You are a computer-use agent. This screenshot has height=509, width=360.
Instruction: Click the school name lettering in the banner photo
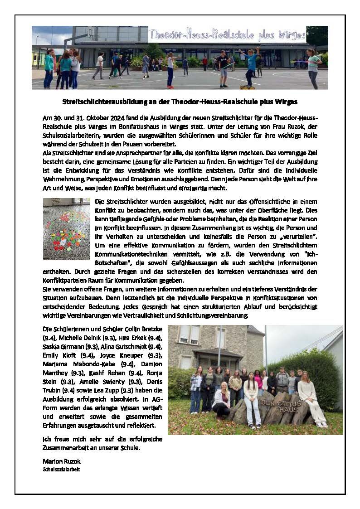[x=227, y=34]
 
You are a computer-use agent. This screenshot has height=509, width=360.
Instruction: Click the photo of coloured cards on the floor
[x=66, y=229]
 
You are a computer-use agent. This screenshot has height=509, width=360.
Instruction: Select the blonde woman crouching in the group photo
[x=222, y=398]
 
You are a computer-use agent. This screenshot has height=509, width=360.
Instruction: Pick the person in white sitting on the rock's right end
[x=313, y=397]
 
